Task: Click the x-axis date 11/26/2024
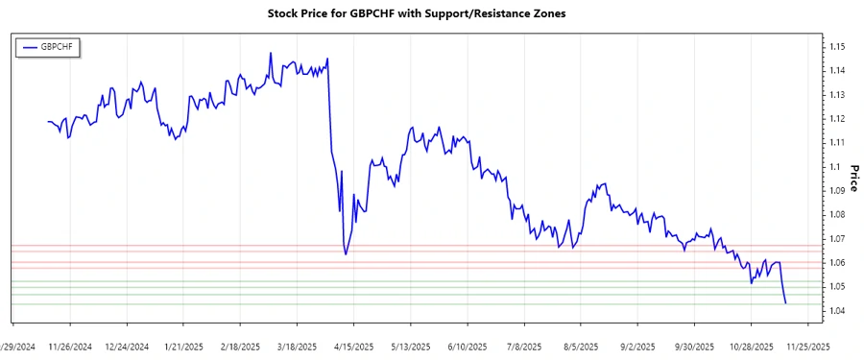pos(70,346)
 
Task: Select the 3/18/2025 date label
pos(298,346)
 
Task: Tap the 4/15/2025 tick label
pos(354,346)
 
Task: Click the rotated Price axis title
pos(852,179)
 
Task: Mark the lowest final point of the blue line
pos(786,303)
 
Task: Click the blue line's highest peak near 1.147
pos(271,54)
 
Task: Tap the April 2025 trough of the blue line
pos(346,254)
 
